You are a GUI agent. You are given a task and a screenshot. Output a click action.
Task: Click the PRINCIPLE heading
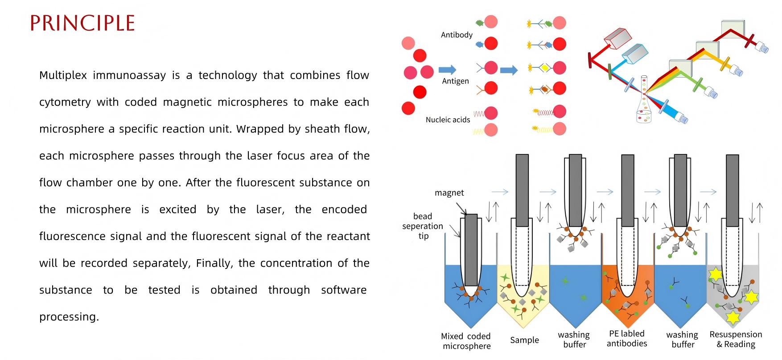tap(82, 23)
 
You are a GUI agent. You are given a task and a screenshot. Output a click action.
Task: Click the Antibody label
tap(457, 35)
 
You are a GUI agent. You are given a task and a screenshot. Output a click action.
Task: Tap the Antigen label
tap(455, 81)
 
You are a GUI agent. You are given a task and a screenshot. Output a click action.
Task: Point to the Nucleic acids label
tap(448, 120)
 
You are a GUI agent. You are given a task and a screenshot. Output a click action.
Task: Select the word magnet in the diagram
tap(449, 193)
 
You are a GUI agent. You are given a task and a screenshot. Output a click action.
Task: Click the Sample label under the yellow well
tap(524, 340)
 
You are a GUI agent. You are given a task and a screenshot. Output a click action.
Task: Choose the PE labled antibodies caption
tap(626, 339)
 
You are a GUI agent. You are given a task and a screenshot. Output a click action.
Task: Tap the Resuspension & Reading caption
tap(736, 339)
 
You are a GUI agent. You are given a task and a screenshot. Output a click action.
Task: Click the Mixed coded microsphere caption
tap(466, 341)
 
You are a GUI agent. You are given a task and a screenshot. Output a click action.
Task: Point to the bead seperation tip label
tap(423, 226)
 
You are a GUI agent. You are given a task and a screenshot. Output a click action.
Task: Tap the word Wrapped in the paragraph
tap(258, 129)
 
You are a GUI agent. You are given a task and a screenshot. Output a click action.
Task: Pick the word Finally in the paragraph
tap(214, 263)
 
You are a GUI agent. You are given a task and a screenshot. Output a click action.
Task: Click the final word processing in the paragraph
tap(69, 317)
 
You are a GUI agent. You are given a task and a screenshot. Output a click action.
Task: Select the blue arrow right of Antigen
tap(509, 70)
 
